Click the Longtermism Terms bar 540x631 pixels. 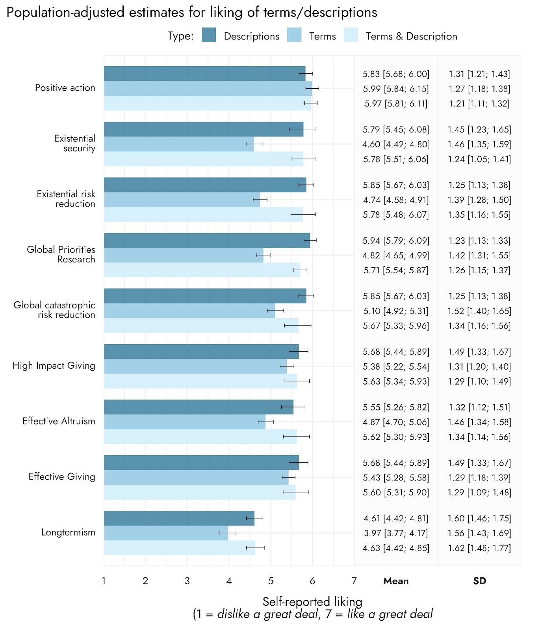(x=166, y=533)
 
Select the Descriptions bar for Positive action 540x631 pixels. (x=205, y=74)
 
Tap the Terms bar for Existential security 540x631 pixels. (x=179, y=144)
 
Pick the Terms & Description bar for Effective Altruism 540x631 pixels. (x=200, y=437)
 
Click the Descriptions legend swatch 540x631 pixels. (x=209, y=35)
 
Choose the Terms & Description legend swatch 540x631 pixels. (x=351, y=35)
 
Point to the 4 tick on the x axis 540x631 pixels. (x=229, y=581)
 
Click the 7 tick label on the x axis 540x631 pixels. (x=354, y=581)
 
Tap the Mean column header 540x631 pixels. (x=396, y=581)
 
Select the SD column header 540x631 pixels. (x=479, y=581)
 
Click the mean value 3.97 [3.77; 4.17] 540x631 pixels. (x=396, y=533)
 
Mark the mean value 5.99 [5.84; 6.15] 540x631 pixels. (x=396, y=89)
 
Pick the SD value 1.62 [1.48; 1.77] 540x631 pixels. (x=479, y=548)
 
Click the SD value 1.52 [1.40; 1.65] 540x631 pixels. (x=479, y=311)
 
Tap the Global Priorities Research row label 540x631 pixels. (x=61, y=254)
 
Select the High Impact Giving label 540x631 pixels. (x=54, y=366)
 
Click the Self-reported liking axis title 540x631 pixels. (x=312, y=601)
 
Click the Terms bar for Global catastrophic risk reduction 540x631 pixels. (x=189, y=311)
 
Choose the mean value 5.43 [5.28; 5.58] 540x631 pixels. (x=396, y=478)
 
